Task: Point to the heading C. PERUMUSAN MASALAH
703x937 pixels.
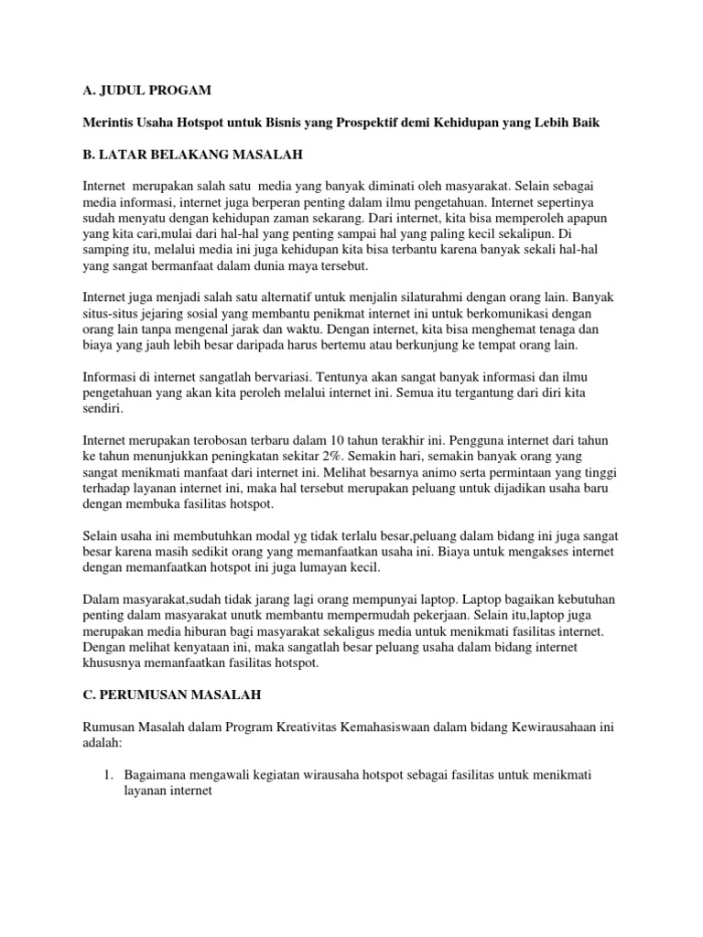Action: tap(171, 695)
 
